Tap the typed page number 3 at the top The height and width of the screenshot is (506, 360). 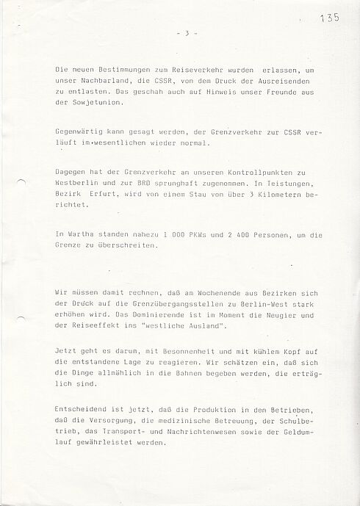pyautogui.click(x=187, y=34)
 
